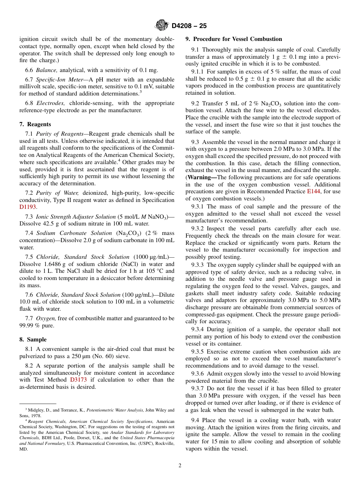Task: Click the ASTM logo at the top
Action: point(161,26)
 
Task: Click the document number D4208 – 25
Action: point(189,26)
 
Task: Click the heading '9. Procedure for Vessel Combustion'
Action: point(234,39)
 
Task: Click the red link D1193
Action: point(28,207)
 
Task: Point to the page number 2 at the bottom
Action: point(180,465)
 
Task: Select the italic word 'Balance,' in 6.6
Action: point(47,70)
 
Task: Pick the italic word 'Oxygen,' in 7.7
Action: point(46,318)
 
